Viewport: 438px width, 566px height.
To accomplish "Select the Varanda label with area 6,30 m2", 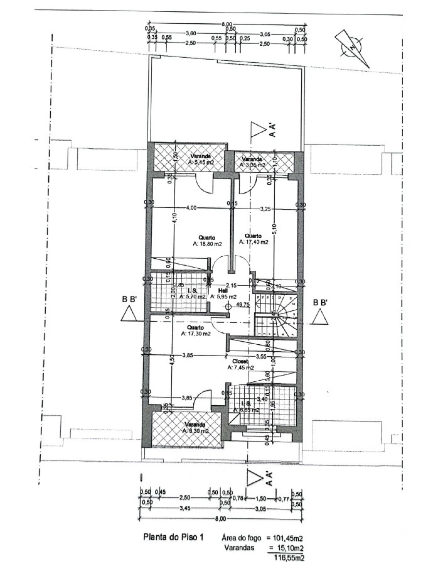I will (x=195, y=428).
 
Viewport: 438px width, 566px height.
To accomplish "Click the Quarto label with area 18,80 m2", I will (x=207, y=241).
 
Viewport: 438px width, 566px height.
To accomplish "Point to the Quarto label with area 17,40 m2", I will (x=253, y=239).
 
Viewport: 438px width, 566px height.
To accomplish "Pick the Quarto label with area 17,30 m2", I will (x=196, y=331).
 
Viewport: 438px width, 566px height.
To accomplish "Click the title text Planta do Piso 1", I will (x=173, y=537).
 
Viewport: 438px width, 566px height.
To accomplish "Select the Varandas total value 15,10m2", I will (x=289, y=548).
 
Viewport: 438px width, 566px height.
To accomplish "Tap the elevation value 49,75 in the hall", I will (x=242, y=304).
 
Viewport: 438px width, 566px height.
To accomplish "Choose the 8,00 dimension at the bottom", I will (x=221, y=519).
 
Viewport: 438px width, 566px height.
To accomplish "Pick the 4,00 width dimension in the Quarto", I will (x=191, y=208).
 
